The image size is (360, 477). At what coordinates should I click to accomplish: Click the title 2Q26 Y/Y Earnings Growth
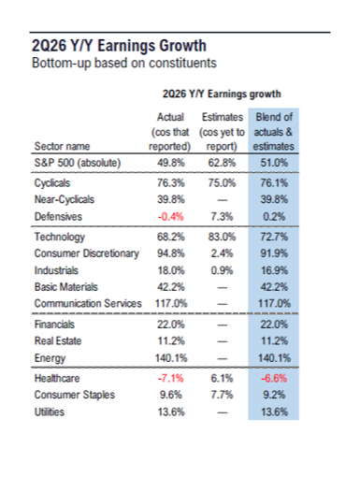pyautogui.click(x=119, y=46)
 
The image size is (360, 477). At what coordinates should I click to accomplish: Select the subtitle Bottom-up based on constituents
pyautogui.click(x=124, y=63)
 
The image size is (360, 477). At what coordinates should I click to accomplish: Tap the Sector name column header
pyautogui.click(x=62, y=146)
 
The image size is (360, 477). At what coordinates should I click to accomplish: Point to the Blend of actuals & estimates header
pyautogui.click(x=274, y=132)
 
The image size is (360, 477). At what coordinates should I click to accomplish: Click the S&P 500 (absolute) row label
pyautogui.click(x=78, y=163)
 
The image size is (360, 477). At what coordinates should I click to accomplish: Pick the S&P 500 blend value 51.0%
pyautogui.click(x=274, y=163)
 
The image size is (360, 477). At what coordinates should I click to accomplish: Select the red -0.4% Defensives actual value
pyautogui.click(x=170, y=216)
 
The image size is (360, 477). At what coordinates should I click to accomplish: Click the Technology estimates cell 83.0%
pyautogui.click(x=222, y=237)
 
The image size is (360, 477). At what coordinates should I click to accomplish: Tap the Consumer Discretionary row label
pyautogui.click(x=87, y=253)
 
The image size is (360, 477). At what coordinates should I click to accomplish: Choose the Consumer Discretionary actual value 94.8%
pyautogui.click(x=171, y=253)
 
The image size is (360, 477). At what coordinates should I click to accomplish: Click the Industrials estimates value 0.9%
pyautogui.click(x=222, y=270)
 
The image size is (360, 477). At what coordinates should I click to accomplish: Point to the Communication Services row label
pyautogui.click(x=88, y=303)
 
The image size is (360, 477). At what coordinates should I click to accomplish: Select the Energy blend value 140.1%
pyautogui.click(x=274, y=358)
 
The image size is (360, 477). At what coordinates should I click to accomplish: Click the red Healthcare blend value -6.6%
pyautogui.click(x=274, y=378)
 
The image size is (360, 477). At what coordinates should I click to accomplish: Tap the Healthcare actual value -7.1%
pyautogui.click(x=170, y=378)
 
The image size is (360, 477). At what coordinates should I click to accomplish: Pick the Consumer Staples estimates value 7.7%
pyautogui.click(x=222, y=395)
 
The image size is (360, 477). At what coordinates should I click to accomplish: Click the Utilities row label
pyautogui.click(x=50, y=412)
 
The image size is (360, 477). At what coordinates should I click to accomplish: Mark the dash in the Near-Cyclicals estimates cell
pyautogui.click(x=223, y=200)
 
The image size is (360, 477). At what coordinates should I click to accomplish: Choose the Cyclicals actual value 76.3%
pyautogui.click(x=171, y=182)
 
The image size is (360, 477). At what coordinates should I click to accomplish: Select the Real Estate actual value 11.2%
pyautogui.click(x=171, y=340)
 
